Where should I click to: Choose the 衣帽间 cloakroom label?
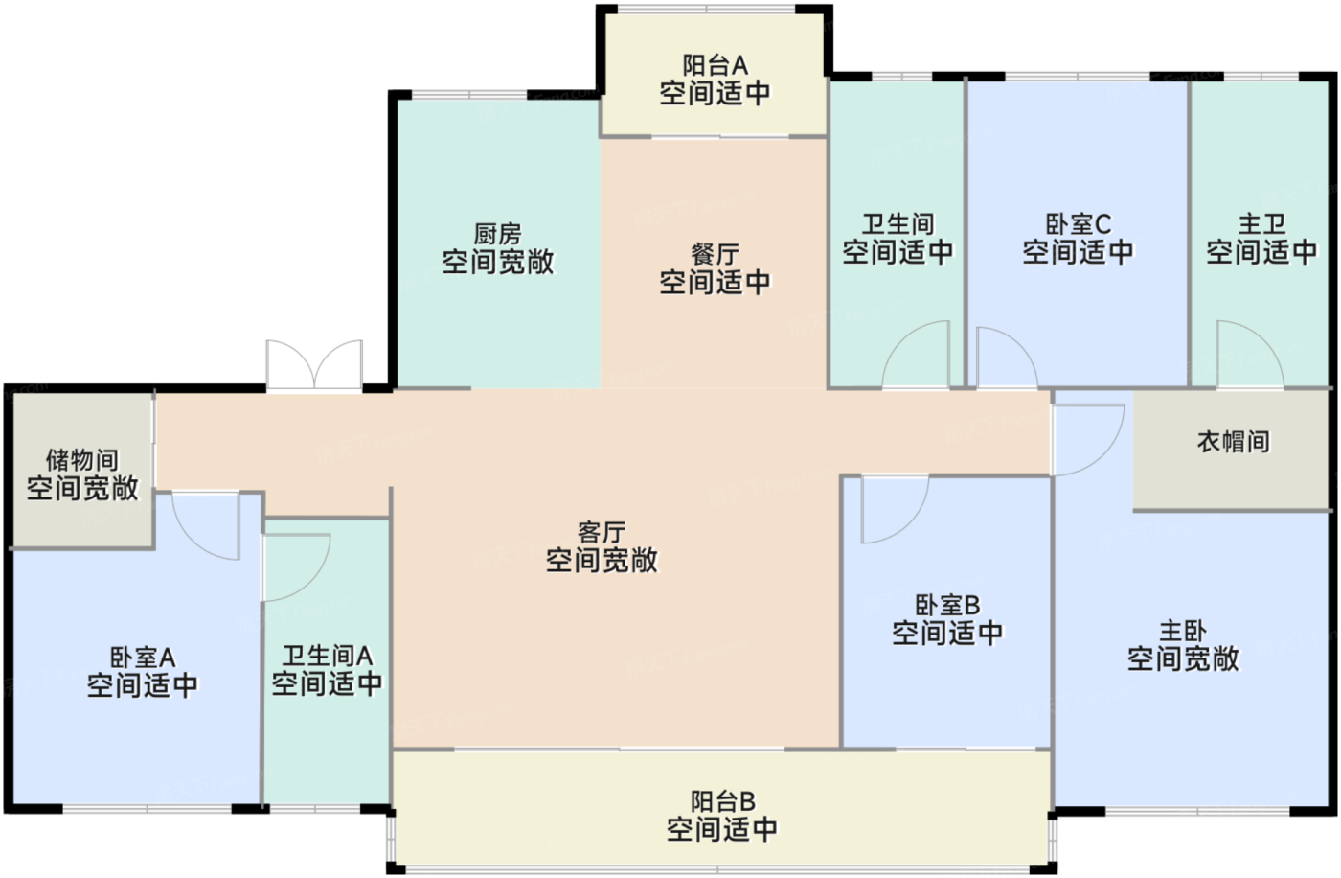coord(1233,441)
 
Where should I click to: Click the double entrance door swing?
coord(314,365)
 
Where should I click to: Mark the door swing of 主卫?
coord(1247,356)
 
